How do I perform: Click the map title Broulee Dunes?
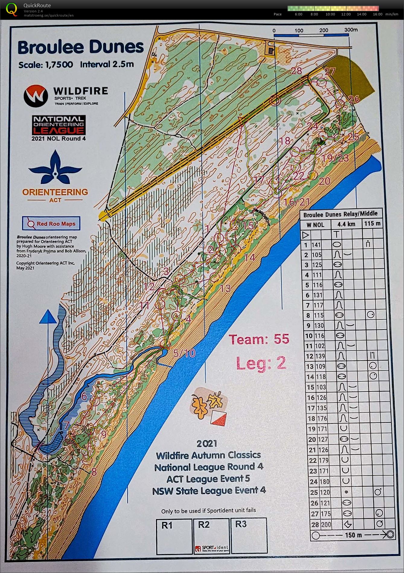point(81,47)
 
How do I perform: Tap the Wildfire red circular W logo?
point(36,96)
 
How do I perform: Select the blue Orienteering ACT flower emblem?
point(55,168)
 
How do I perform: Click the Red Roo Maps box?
point(51,223)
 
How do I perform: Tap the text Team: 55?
point(259,339)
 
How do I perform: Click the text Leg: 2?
point(261,363)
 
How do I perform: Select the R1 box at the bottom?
point(174,536)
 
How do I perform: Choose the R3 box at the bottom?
point(248,536)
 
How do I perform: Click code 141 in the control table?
point(316,245)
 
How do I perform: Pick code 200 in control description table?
point(326,524)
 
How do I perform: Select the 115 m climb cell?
point(372,223)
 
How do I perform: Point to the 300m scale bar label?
point(351,30)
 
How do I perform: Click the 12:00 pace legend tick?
point(346,14)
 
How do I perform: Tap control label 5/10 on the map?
point(185,353)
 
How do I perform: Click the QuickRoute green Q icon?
point(11,9)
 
